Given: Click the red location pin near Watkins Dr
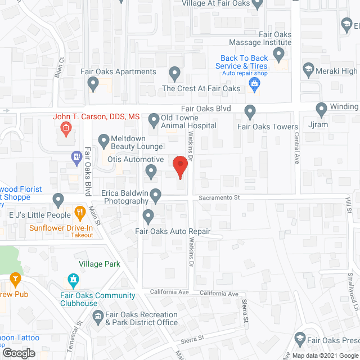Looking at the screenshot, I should coord(179,166).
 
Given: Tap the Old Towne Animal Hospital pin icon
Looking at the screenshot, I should coord(153,119).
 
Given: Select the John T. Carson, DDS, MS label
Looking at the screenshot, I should coord(96,117).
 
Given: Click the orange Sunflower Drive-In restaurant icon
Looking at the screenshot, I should coord(80,213).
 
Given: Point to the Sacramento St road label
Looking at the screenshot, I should coord(219,198).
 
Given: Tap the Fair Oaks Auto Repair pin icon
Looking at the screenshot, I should coord(148,215).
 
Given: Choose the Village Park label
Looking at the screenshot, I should coord(100,264).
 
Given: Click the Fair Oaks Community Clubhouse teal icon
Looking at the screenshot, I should coord(73,279).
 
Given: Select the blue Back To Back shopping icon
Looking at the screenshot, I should coord(255,84).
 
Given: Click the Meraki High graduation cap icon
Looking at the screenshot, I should coord(308,70).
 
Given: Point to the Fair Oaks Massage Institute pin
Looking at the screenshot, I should coord(278,55).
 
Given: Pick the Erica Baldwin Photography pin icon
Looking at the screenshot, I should coord(156,195).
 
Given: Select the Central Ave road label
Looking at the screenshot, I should coord(297,150).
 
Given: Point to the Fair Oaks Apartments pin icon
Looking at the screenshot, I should coord(93,84).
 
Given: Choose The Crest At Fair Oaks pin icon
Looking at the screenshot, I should coord(175,73).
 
